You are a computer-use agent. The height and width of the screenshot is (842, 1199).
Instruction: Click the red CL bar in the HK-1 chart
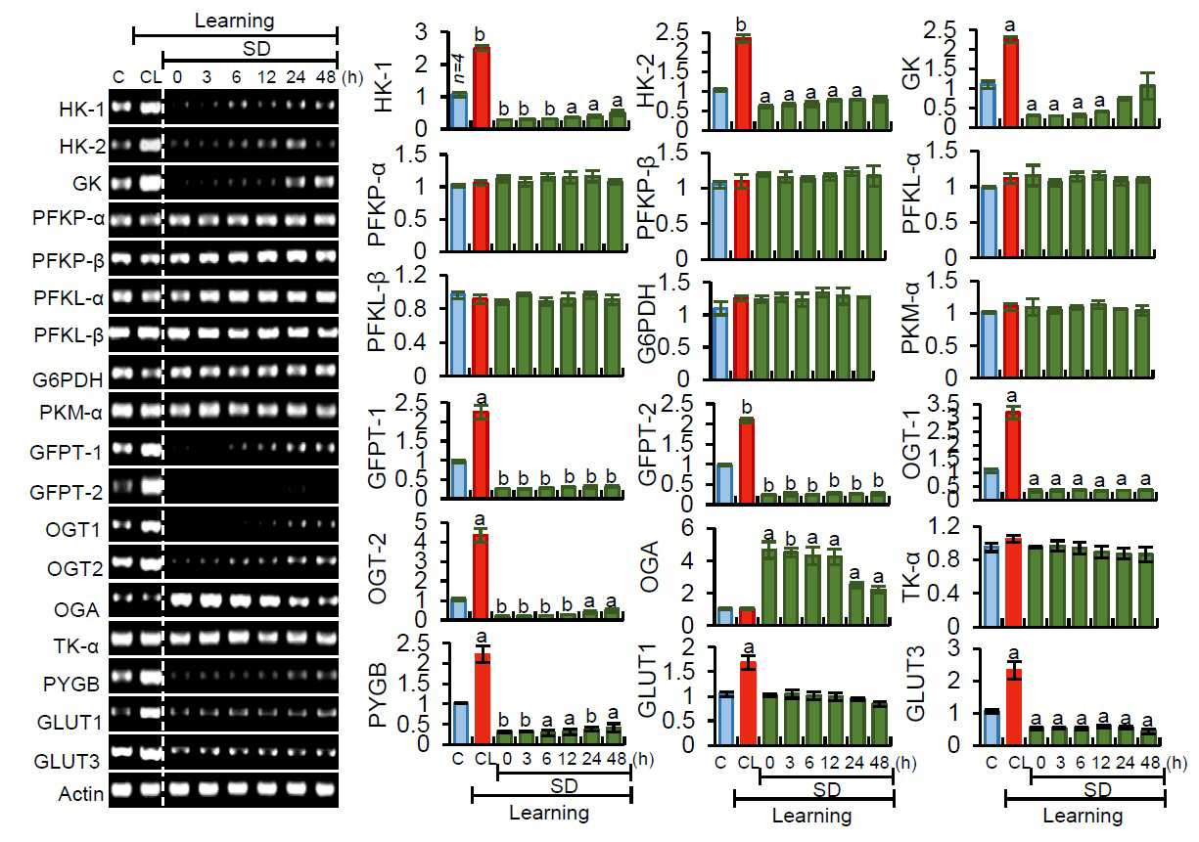(482, 88)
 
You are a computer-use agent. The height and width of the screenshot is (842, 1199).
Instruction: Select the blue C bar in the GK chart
(989, 105)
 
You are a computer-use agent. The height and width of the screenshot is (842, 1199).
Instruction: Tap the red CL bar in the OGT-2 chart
(481, 577)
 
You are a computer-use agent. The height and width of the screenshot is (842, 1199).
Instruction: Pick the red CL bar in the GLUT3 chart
(1014, 706)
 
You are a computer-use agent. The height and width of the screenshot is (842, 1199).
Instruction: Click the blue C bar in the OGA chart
(724, 616)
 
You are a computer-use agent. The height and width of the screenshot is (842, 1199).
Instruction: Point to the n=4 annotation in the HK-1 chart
(460, 68)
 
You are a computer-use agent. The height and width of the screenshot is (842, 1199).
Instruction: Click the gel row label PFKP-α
(68, 218)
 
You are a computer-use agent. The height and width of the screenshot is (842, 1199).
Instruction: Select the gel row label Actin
(81, 794)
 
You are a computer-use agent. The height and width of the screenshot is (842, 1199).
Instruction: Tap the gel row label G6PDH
(68, 379)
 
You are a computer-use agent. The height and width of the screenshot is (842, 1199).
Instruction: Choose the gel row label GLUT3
(67, 761)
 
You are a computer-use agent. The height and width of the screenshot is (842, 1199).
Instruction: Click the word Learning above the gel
(235, 22)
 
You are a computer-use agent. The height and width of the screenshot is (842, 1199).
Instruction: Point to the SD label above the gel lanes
(256, 49)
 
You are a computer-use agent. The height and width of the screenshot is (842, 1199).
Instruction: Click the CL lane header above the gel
(151, 77)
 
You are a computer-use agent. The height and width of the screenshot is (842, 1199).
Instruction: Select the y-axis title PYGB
(378, 695)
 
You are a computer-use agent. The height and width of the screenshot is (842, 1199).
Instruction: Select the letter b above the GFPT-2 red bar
(747, 408)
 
